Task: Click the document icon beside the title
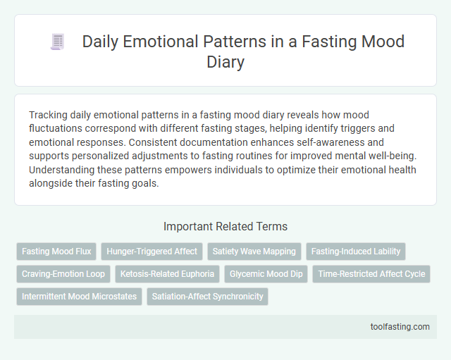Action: coord(58,42)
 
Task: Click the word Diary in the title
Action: coord(225,61)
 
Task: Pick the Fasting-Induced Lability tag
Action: coord(356,251)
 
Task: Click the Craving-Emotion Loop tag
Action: coord(63,273)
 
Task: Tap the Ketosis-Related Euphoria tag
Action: coord(167,273)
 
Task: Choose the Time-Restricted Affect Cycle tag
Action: coord(371,273)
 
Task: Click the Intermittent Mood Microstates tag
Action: coord(80,296)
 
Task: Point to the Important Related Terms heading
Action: coord(225,226)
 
